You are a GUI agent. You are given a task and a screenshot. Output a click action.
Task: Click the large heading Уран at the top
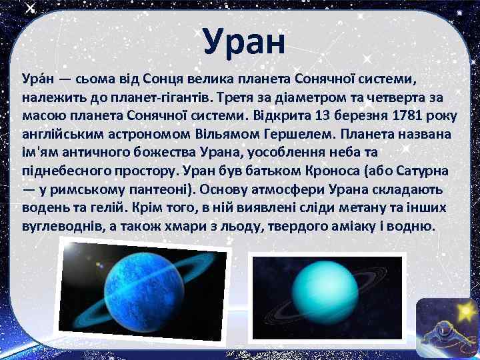pyautogui.click(x=244, y=41)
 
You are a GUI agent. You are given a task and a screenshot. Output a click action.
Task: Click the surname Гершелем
pyautogui.click(x=295, y=134)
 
